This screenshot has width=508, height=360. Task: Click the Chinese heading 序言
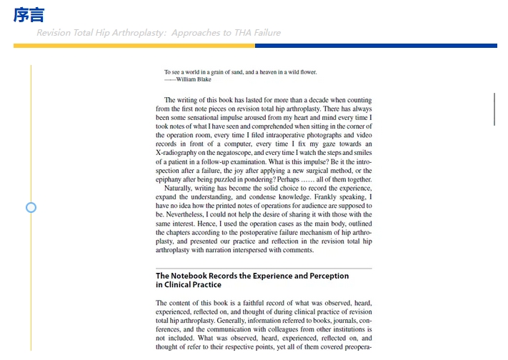[29, 14]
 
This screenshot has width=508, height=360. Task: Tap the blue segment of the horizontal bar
[375, 46]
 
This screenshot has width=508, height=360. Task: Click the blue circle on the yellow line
[31, 207]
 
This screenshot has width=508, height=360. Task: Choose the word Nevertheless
[184, 214]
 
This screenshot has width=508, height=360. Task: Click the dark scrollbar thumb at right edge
[494, 109]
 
